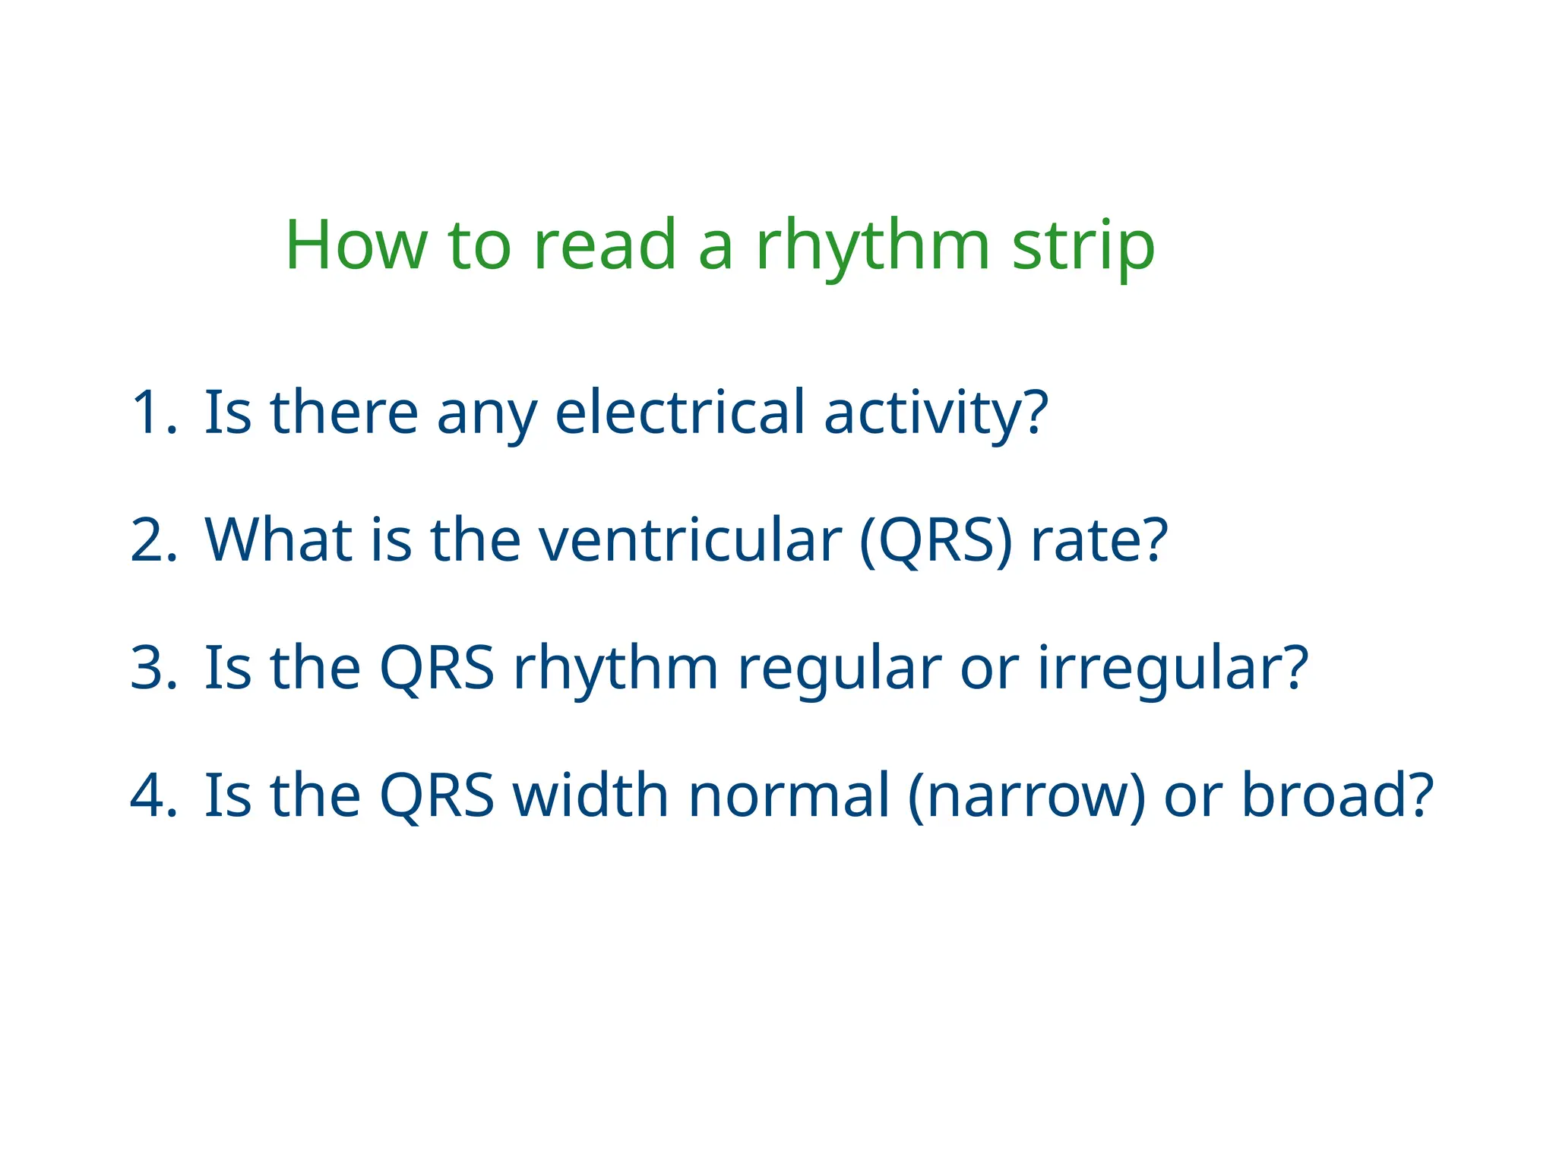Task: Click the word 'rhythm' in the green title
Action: click(872, 245)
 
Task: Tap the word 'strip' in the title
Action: click(1083, 245)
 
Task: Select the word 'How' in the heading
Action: click(356, 245)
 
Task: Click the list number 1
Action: click(153, 413)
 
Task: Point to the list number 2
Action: click(154, 541)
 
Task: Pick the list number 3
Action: click(154, 669)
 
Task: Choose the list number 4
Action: click(154, 795)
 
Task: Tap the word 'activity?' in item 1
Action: click(936, 413)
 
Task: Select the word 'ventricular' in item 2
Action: click(690, 541)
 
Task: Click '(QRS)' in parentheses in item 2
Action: click(936, 541)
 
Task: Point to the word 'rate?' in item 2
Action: click(1099, 541)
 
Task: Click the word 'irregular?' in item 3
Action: click(1173, 669)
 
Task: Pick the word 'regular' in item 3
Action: click(840, 669)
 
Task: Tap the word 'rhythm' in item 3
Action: click(615, 669)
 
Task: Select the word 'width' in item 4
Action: click(591, 795)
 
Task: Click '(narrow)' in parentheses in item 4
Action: click(1026, 795)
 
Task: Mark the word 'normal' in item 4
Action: click(789, 795)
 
